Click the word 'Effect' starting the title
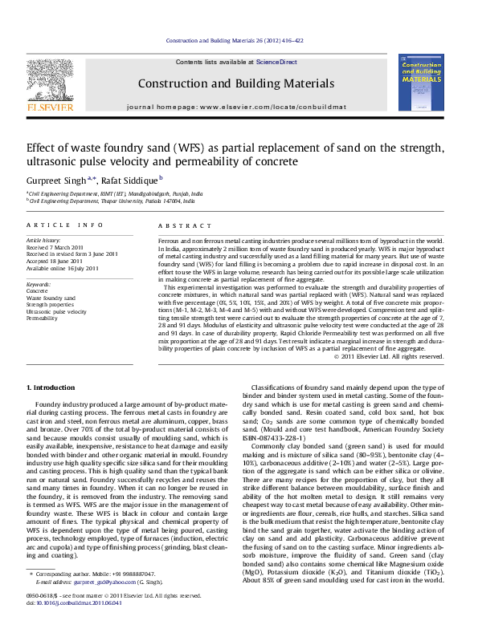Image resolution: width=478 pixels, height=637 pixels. coord(41,148)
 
